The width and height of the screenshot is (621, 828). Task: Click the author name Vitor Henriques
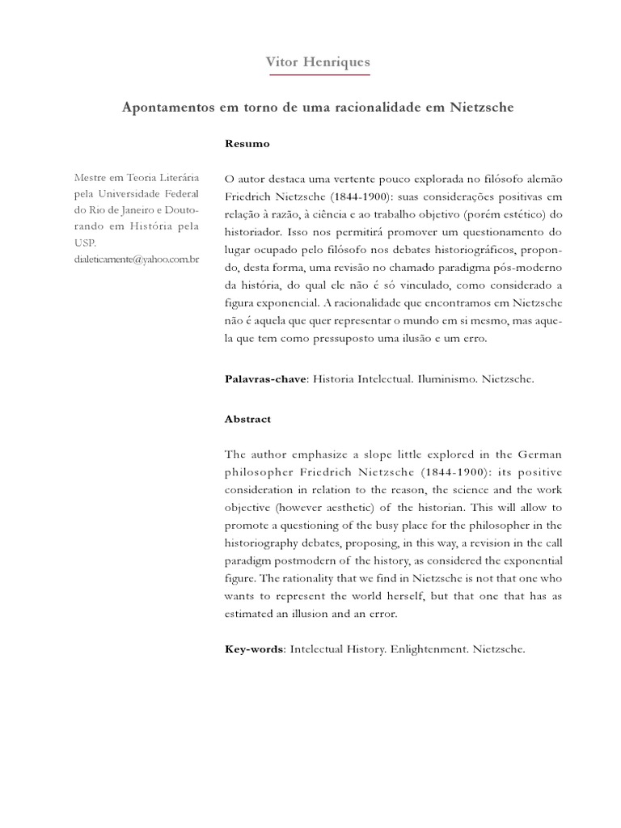319,61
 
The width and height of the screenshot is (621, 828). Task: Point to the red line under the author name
319,75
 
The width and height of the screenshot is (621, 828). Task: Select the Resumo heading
247,143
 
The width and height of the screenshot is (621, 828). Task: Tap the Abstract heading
247,420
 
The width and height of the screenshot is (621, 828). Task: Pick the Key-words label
254,648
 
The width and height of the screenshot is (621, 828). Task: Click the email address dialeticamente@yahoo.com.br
137,259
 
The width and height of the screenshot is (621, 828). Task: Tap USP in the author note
85,243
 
